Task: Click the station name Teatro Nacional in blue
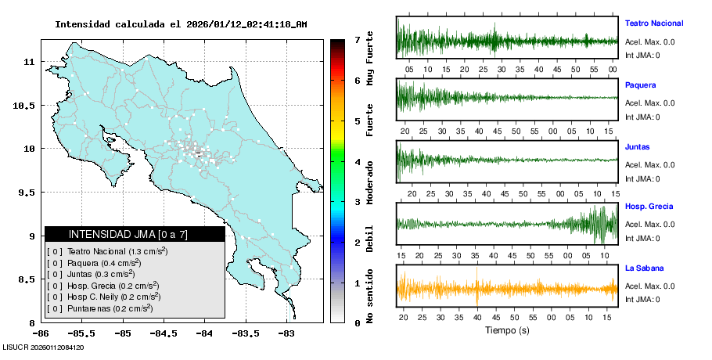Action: coord(654,23)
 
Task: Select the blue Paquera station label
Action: coord(641,85)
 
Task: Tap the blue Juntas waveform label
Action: coord(638,147)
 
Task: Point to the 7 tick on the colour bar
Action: coord(357,39)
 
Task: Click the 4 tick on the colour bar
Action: coord(357,162)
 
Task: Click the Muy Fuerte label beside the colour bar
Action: coord(369,60)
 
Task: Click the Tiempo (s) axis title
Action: coord(507,330)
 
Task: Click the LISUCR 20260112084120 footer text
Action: coord(43,347)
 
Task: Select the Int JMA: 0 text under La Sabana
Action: coord(642,299)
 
